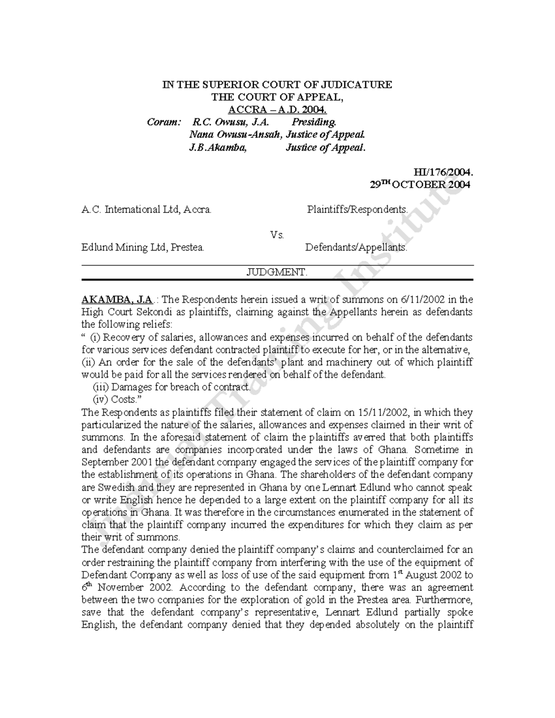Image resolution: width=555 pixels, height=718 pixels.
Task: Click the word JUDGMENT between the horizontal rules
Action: click(277, 272)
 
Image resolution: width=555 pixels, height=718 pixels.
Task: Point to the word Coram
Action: click(163, 122)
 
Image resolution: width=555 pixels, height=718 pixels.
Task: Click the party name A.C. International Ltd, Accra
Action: click(147, 209)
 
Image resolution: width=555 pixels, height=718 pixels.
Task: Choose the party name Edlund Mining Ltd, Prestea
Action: click(143, 247)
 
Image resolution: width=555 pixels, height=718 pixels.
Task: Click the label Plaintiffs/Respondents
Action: click(358, 209)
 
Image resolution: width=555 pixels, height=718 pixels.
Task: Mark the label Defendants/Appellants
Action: click(356, 247)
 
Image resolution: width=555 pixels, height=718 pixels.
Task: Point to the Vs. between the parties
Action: click(277, 235)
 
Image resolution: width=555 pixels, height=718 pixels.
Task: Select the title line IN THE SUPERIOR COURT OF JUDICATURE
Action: click(277, 85)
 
